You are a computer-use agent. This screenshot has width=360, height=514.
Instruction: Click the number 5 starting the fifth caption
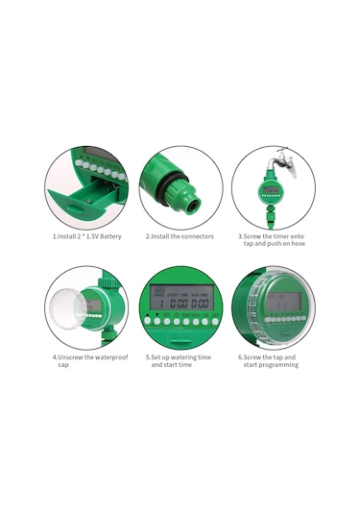pyautogui.click(x=148, y=357)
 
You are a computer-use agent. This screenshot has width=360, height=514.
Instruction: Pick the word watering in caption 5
pyautogui.click(x=189, y=357)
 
